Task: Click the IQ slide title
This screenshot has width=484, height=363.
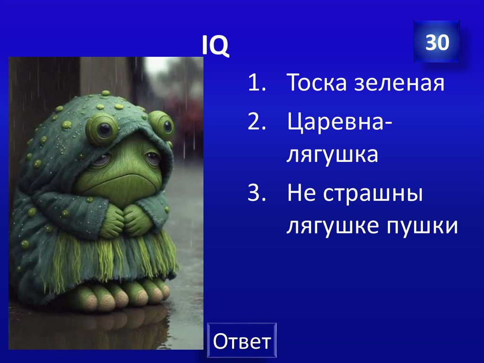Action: (x=215, y=46)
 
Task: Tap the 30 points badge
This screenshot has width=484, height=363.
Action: (x=436, y=43)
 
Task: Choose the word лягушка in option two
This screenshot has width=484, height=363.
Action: (x=332, y=155)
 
